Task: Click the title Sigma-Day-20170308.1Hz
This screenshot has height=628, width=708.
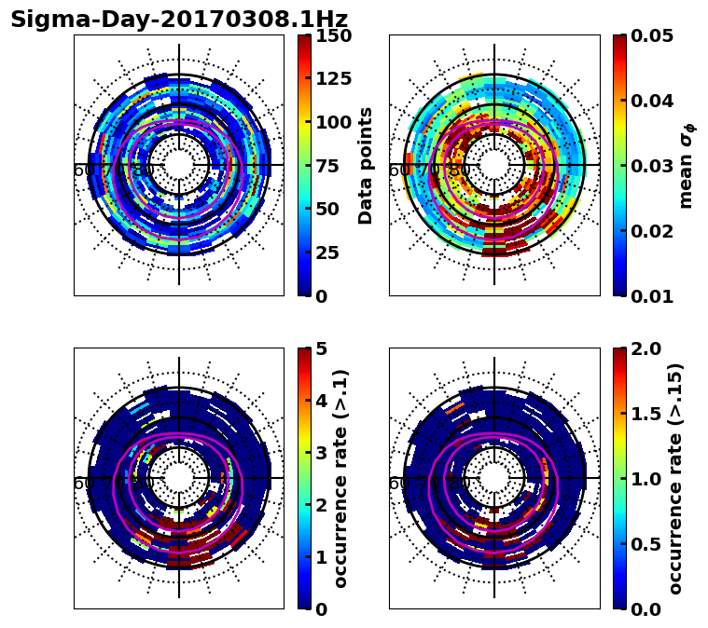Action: point(179,20)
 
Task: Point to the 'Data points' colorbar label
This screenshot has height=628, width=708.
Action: point(366,166)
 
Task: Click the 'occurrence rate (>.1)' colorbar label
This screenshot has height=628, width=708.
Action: point(340,479)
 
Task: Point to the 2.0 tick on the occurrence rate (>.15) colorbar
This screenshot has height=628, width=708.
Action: point(643,348)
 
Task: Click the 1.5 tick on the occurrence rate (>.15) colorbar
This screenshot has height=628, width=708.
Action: point(643,414)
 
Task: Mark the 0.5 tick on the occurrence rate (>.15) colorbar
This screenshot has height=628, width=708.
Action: point(643,544)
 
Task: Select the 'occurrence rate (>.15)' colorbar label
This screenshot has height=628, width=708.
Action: point(675,479)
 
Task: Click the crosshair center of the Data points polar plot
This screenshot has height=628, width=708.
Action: point(179,165)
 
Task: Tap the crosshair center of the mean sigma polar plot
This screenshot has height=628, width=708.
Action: point(494,165)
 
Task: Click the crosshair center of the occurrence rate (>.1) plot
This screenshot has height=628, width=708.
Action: point(179,478)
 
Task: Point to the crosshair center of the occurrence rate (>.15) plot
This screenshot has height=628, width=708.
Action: point(494,478)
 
